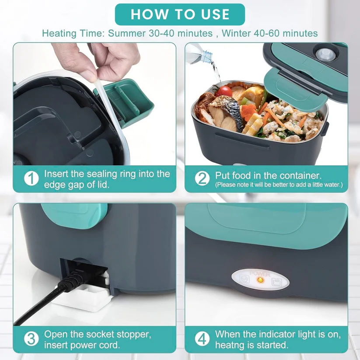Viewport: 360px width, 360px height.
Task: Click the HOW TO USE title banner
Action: (180, 14)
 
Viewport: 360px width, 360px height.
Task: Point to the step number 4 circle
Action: (202, 339)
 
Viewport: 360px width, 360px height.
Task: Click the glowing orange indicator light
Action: (259, 280)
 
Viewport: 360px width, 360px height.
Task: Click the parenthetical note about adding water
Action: (279, 185)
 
